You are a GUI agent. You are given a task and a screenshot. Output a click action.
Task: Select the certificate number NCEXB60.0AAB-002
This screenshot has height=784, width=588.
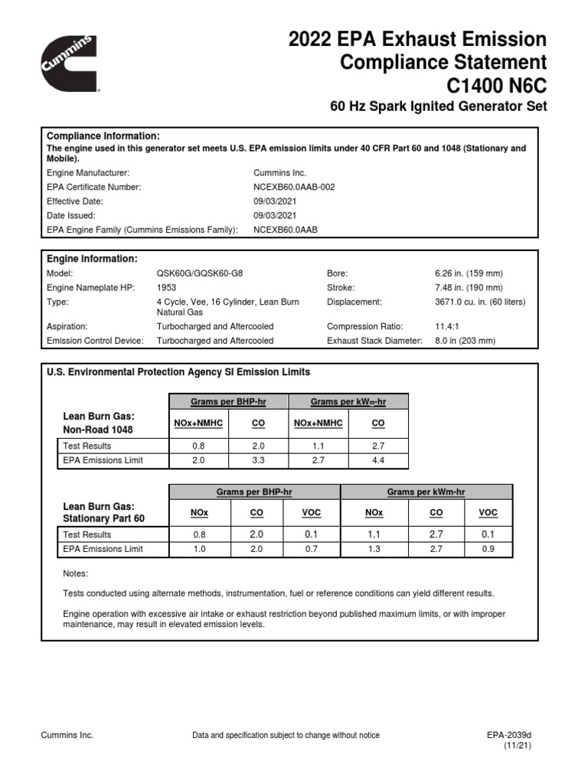click(294, 187)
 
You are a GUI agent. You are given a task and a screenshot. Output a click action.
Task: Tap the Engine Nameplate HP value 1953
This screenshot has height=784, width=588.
click(166, 288)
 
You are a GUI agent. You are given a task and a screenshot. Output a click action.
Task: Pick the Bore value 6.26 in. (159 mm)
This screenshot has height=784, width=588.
click(469, 273)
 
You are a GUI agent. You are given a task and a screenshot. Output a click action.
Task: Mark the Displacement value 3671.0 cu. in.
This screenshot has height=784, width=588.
click(479, 302)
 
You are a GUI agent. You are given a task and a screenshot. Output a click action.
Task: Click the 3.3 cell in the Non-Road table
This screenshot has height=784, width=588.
click(257, 460)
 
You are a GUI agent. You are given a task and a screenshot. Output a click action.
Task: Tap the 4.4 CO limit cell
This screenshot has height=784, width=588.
click(378, 460)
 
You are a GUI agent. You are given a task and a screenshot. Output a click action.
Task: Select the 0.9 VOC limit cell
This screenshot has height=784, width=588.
click(487, 549)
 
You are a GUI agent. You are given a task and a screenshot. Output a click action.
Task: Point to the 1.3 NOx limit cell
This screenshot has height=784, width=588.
click(374, 549)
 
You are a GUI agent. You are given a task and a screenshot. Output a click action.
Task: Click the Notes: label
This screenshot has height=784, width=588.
click(75, 573)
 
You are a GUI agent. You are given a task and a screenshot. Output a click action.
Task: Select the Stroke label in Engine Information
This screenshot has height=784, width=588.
click(340, 288)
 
